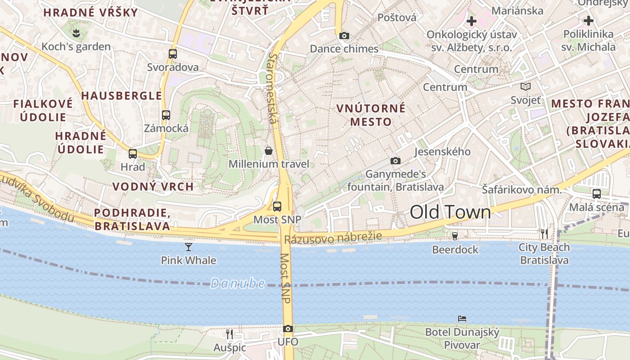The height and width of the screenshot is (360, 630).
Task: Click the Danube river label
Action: click(238, 283)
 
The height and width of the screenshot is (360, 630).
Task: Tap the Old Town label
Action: click(450, 212)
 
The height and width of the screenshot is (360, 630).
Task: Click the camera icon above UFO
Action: click(288, 329)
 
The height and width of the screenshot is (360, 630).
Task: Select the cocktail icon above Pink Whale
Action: click(189, 247)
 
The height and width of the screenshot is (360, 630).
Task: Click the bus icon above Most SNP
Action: click(277, 207)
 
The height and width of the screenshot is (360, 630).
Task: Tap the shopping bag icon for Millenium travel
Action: click(269, 151)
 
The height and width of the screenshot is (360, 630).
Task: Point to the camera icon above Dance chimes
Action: click(344, 36)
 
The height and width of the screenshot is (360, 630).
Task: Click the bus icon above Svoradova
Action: click(173, 54)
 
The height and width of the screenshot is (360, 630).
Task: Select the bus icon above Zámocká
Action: click(166, 115)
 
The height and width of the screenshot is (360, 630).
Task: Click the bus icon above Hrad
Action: click(133, 154)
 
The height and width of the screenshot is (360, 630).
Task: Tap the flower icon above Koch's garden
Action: click(76, 33)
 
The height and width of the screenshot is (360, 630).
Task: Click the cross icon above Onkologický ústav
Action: click(472, 21)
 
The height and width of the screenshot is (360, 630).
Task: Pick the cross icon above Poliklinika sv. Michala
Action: click(589, 21)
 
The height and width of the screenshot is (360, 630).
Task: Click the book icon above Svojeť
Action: click(525, 86)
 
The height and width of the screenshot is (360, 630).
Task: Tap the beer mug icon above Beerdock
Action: click(455, 236)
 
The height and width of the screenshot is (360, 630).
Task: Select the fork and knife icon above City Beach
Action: click(544, 234)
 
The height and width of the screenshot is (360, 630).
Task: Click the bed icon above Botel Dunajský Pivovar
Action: click(462, 319)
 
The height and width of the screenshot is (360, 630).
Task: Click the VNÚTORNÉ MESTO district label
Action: click(371, 115)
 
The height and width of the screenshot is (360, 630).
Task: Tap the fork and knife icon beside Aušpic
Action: click(229, 334)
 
